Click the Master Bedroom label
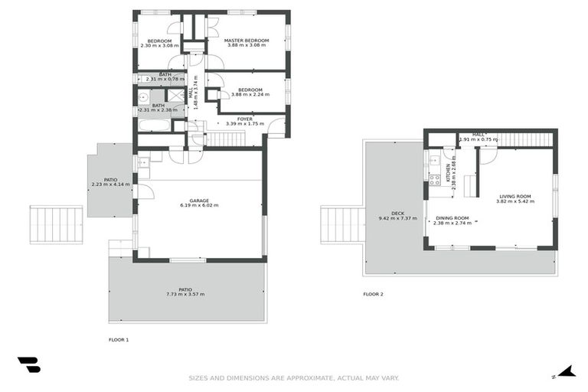coord(247,40)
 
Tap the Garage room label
coord(199,200)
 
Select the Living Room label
coord(514,196)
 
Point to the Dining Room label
coord(452,217)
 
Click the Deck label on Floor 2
coord(397,214)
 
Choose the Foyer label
coord(245,119)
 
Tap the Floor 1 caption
coord(119,339)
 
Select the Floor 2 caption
coord(373,294)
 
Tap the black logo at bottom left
coord(28,365)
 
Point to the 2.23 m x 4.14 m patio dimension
coord(110,185)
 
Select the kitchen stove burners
coord(434,180)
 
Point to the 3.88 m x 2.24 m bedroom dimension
coord(250,95)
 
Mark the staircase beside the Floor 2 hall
coord(525,139)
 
